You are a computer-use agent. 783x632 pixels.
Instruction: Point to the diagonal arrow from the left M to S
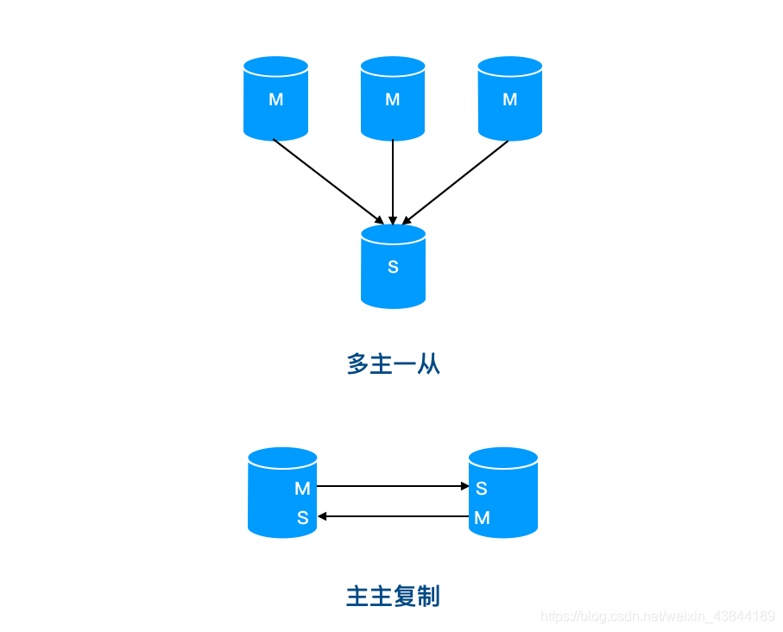328,181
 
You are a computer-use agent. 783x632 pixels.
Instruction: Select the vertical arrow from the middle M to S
393,181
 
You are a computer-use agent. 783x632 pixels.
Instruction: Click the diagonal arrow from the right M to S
456,181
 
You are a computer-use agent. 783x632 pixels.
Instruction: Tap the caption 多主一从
393,363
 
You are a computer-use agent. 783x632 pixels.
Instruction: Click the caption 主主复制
393,596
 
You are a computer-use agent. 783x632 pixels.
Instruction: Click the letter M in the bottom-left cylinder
302,489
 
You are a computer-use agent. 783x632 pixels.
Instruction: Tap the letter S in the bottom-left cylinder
302,518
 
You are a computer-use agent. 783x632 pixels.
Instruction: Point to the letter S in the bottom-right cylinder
482,489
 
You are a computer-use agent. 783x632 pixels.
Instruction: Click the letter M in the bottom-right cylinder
482,518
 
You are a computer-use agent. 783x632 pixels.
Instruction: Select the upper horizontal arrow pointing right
393,486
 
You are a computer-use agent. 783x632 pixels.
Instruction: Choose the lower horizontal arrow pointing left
393,516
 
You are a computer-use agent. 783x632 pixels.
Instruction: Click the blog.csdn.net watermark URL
657,616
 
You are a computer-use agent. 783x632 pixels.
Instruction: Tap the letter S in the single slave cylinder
393,267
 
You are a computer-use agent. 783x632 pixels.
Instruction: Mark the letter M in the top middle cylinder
393,99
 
